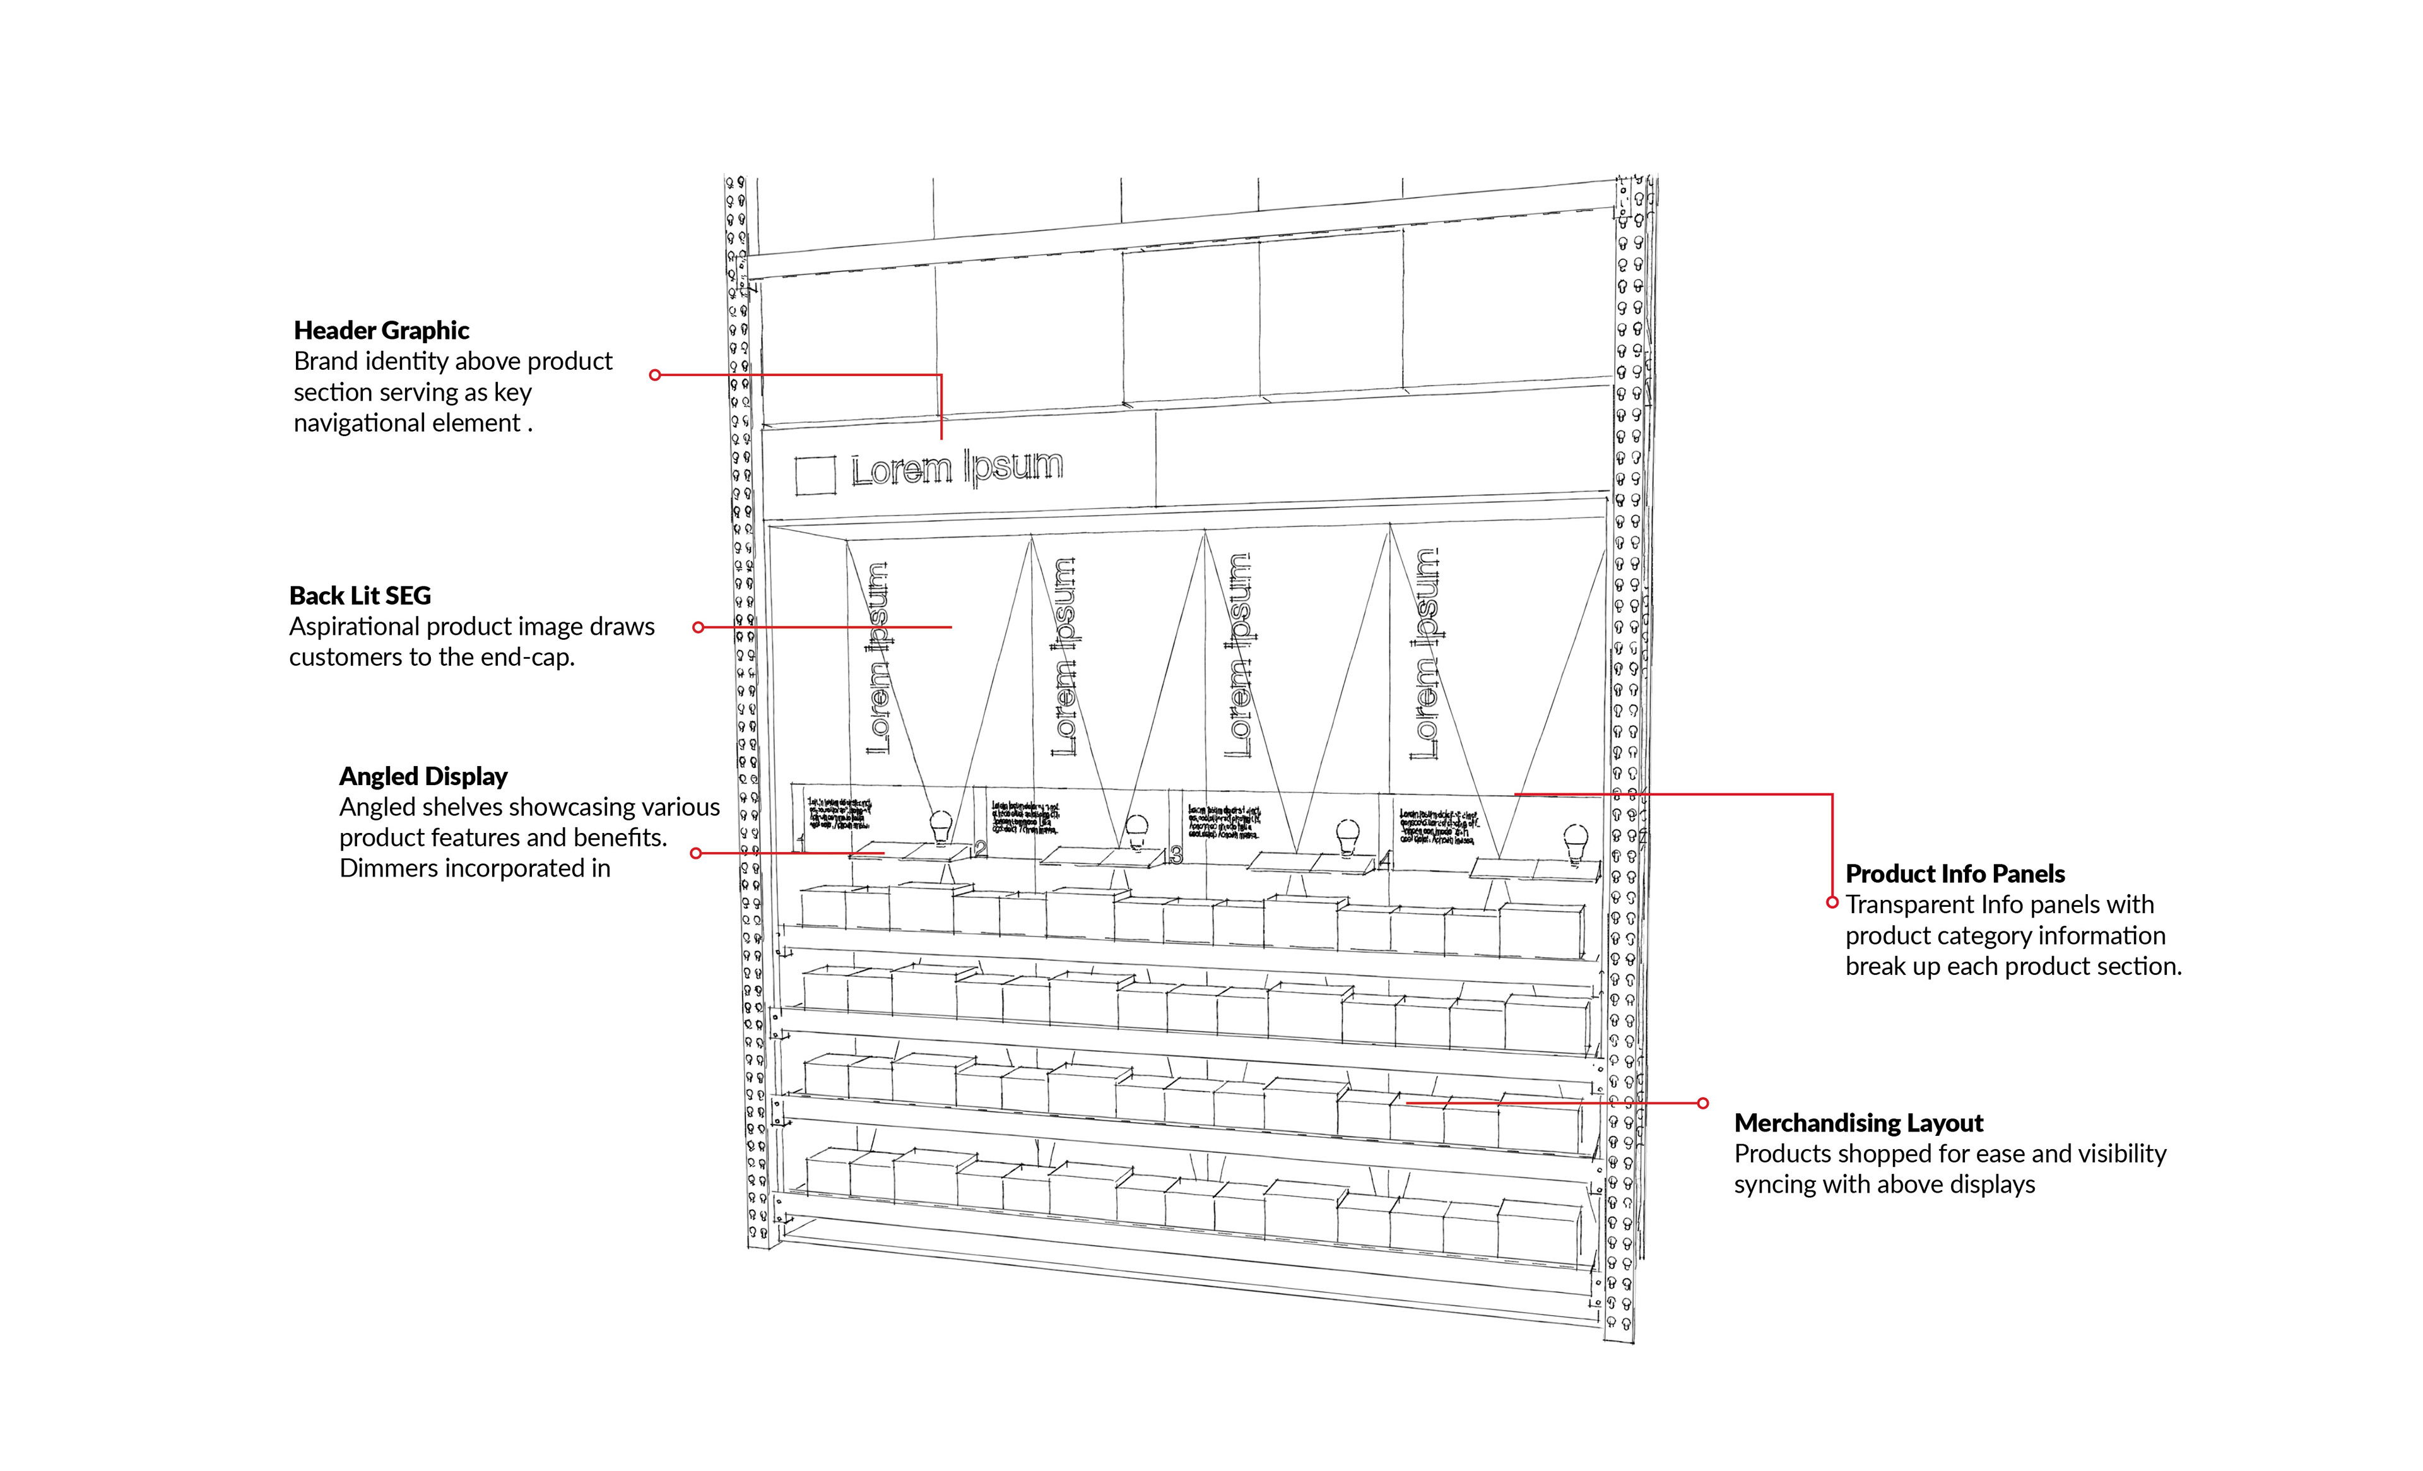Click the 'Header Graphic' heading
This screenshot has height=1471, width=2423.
(382, 331)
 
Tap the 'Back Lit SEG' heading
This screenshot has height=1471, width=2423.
(360, 596)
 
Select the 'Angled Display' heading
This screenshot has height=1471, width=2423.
(423, 777)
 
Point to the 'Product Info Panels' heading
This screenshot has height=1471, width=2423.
(1955, 874)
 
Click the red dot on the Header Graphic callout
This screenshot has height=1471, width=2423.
(655, 375)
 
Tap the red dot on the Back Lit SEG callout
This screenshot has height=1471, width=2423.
(698, 627)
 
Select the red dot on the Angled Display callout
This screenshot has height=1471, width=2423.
(696, 853)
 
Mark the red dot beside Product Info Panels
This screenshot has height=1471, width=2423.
(1832, 902)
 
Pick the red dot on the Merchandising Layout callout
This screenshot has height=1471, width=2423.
(1702, 1103)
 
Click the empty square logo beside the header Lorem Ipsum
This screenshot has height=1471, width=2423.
(815, 475)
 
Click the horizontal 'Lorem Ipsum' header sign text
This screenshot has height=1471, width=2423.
(957, 468)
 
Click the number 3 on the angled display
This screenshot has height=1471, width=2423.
(1176, 856)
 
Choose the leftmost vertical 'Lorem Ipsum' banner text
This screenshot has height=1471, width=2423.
(878, 659)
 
